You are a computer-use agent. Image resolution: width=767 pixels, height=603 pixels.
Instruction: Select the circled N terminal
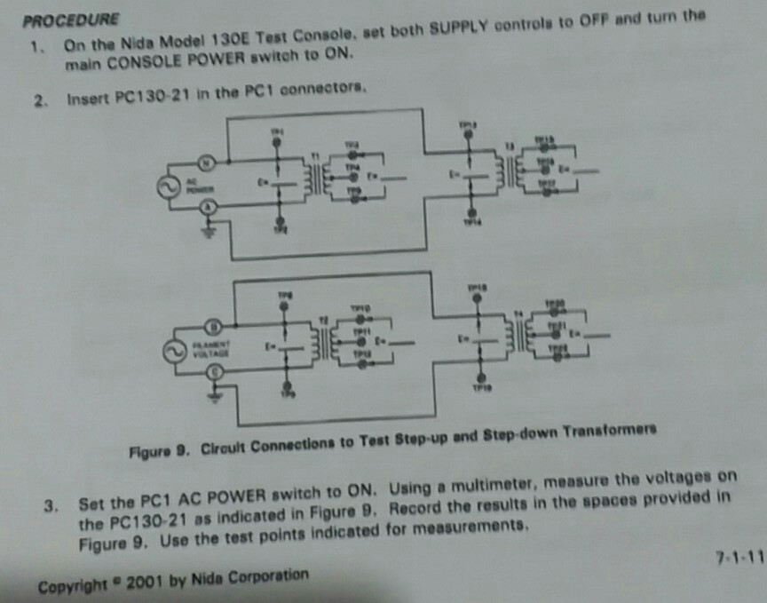(205, 163)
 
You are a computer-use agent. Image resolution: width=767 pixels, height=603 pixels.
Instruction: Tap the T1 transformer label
(312, 155)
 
